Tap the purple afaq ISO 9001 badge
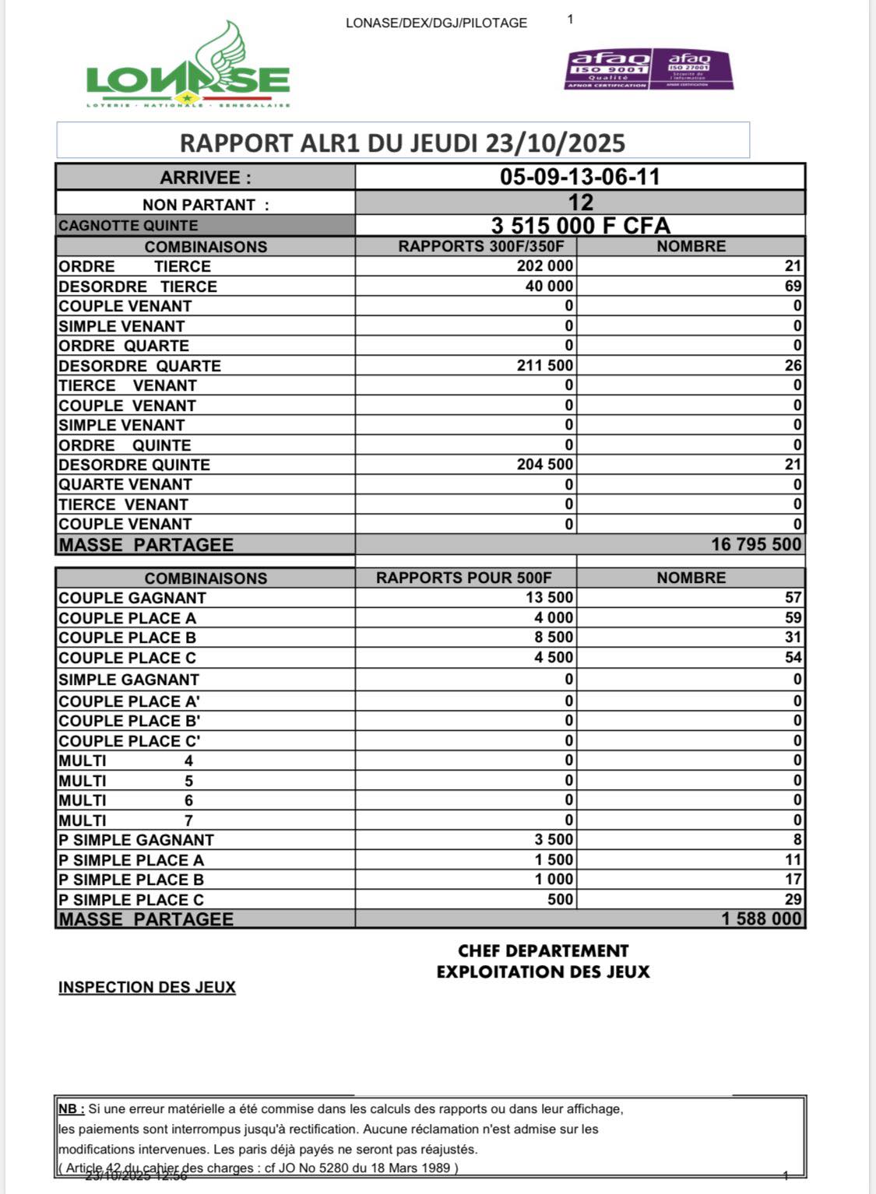(608, 69)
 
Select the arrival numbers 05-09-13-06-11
(579, 177)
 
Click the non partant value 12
(580, 203)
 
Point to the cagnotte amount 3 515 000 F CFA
(580, 226)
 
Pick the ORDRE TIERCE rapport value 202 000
(545, 266)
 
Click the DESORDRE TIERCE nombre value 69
(793, 286)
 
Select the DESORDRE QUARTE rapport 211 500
(545, 366)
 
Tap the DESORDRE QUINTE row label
(134, 465)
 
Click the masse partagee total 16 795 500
(756, 544)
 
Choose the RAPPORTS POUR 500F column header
(464, 578)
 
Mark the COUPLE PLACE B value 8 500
(554, 637)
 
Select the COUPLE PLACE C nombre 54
(793, 658)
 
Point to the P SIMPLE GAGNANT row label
(135, 840)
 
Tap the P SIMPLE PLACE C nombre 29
(793, 900)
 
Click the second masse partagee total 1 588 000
(761, 919)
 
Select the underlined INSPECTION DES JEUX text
(146, 987)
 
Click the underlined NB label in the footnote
(72, 1108)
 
